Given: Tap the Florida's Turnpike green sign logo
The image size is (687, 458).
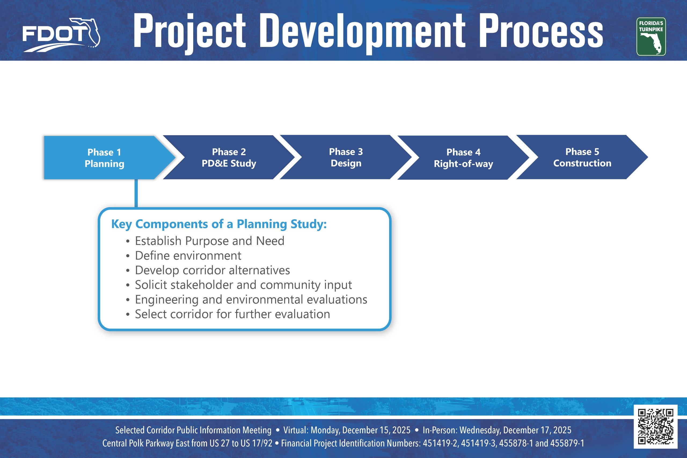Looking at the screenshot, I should point(651,36).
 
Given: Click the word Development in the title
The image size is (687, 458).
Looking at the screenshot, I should point(362,32).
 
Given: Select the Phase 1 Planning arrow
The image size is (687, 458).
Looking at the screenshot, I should point(104,158).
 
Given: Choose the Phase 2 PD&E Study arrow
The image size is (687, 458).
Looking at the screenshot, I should point(229,157).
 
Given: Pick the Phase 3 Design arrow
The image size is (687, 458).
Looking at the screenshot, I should point(346,157).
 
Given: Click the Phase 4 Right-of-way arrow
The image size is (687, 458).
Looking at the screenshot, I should point(463,158).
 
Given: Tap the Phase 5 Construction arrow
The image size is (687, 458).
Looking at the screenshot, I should point(582,157).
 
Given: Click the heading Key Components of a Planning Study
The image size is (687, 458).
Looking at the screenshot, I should point(219,224).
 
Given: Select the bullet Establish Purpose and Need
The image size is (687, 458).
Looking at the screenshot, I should point(209,241).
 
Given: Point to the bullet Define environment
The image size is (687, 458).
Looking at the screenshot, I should point(188,256).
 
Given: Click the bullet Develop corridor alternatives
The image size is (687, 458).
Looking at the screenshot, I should point(212,270).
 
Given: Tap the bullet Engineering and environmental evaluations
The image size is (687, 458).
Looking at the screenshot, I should point(251,300).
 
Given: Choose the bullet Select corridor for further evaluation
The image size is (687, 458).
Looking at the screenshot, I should point(232,314).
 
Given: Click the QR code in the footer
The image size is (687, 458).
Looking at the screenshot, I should point(655,426).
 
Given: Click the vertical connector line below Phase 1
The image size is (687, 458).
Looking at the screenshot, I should point(136,193).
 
